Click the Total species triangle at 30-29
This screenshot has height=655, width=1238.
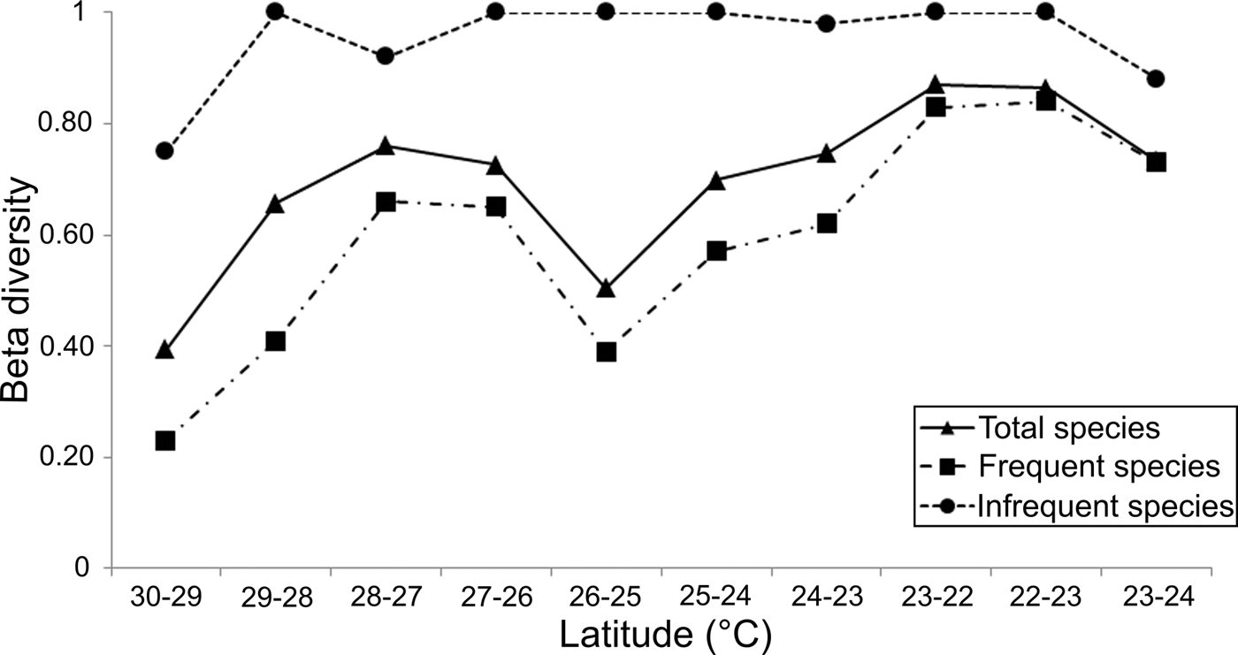click(164, 350)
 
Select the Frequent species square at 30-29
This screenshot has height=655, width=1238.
click(164, 440)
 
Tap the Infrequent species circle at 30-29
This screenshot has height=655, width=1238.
click(164, 151)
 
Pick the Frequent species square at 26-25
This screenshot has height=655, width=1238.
click(606, 352)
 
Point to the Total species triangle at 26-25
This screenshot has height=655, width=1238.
click(606, 288)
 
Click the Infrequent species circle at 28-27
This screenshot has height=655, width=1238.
click(385, 56)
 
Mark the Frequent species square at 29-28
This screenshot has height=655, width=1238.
click(275, 341)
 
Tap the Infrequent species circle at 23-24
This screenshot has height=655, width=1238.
click(1156, 79)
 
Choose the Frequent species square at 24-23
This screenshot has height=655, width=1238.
click(826, 223)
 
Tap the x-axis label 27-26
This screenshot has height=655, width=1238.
click(495, 597)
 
